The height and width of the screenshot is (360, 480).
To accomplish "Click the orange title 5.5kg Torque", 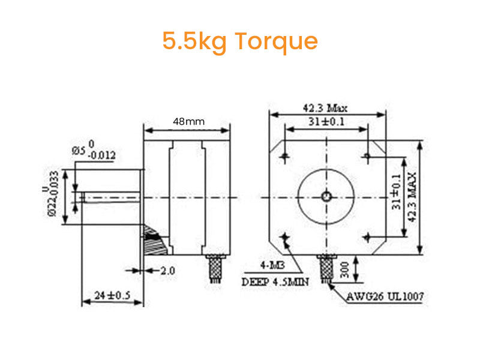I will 239,41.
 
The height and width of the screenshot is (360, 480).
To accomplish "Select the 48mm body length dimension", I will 188,121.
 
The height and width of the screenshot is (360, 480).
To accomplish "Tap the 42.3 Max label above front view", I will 325,109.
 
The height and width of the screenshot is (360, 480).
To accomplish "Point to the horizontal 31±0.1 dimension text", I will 325,122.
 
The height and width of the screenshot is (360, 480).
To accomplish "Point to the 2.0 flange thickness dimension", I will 167,271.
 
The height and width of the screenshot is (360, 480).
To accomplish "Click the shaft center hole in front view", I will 326,196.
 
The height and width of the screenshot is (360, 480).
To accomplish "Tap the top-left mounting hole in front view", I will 284,157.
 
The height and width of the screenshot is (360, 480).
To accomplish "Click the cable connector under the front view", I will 326,268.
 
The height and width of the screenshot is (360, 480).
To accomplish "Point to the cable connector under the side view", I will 215,268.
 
